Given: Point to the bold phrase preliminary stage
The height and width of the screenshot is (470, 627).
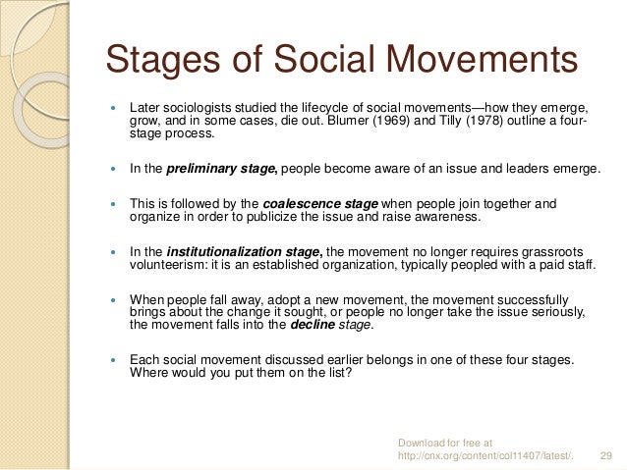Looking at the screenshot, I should [x=223, y=169].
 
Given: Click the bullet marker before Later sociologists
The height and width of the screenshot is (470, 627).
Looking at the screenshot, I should [x=114, y=106].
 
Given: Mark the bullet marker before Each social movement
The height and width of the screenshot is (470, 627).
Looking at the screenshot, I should [x=114, y=360].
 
